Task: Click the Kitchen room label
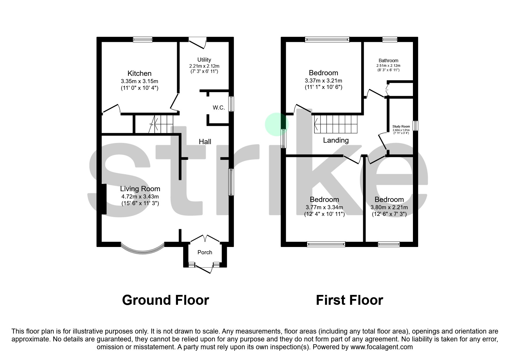click(139, 74)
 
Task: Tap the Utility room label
click(204, 60)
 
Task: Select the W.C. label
click(219, 108)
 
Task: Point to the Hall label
click(205, 142)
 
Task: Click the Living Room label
click(140, 189)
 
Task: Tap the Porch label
click(205, 252)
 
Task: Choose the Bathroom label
click(388, 61)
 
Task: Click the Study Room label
click(401, 127)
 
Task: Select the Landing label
click(336, 140)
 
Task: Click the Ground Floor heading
click(165, 300)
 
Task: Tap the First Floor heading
click(349, 300)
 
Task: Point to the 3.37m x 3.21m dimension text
click(323, 81)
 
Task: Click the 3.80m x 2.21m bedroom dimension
click(389, 207)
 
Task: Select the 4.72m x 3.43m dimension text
click(140, 197)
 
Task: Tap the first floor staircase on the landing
click(336, 124)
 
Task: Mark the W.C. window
click(231, 104)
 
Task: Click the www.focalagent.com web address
click(382, 347)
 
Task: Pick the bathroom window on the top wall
click(390, 40)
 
